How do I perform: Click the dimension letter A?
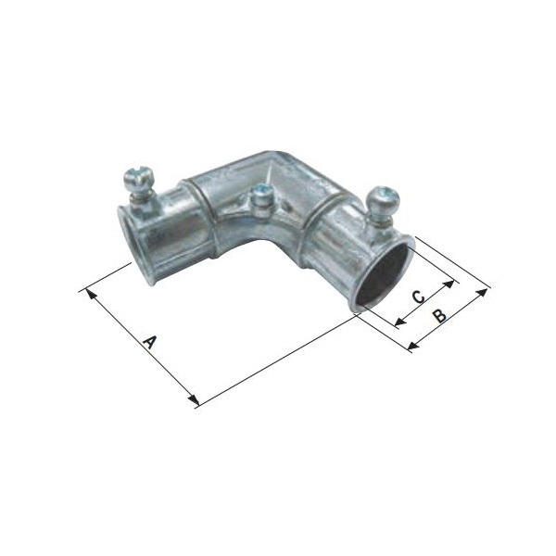tap(149, 342)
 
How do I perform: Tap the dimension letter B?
tap(439, 315)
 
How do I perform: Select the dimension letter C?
tap(419, 297)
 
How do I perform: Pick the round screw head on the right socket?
tap(383, 198)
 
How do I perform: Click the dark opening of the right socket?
tap(383, 276)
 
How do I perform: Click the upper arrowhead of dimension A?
tap(92, 296)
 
